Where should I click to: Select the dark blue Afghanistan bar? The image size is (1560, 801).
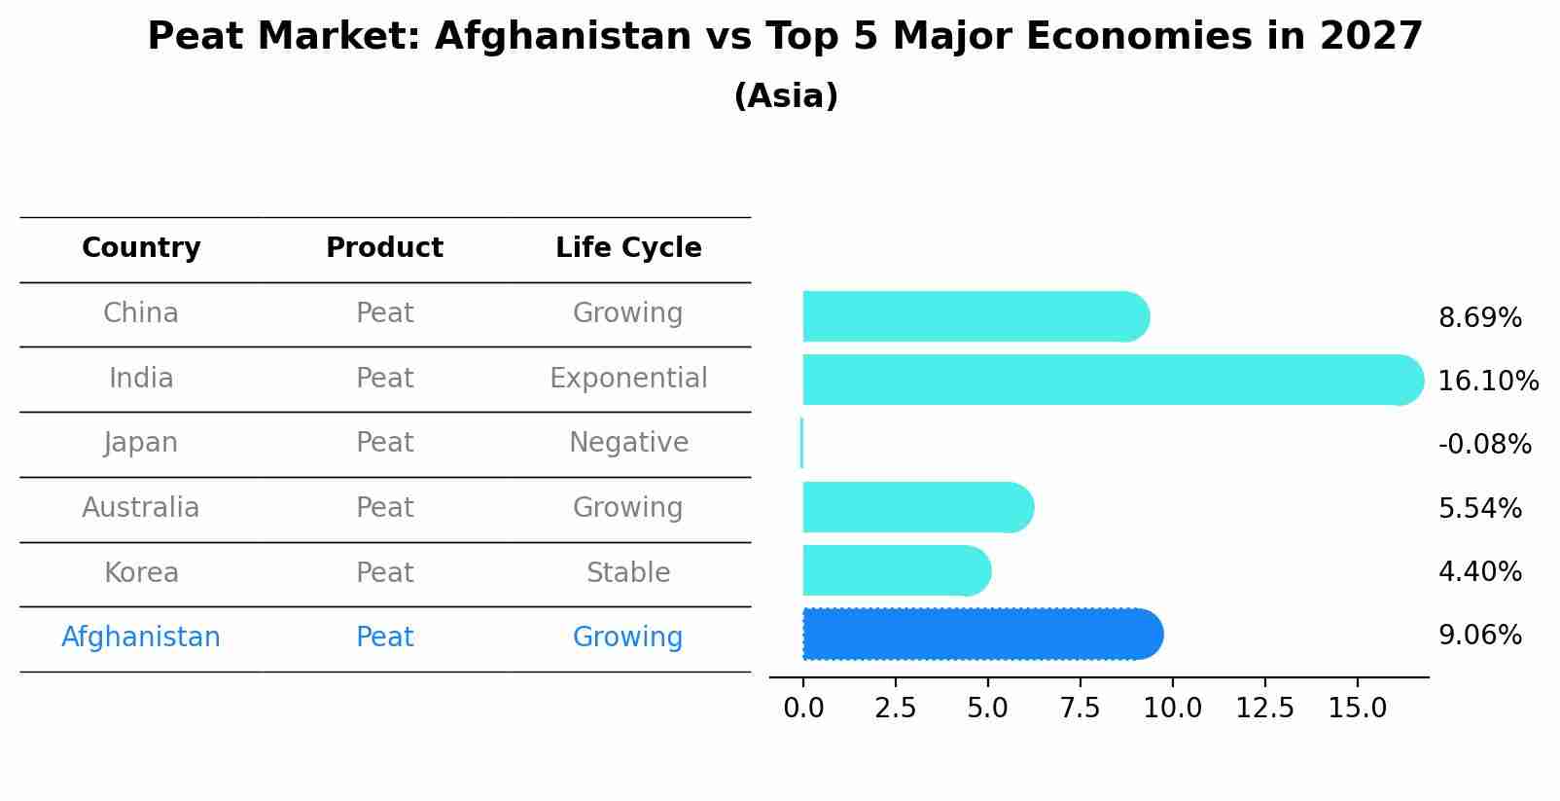982,635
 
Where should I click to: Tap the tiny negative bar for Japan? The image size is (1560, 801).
801,443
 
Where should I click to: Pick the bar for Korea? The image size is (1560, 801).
896,570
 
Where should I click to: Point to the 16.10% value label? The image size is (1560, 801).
1487,381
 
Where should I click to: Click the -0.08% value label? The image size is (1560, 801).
1484,445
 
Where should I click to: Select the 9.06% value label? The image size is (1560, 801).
1479,636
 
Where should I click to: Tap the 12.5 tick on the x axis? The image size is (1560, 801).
1264,708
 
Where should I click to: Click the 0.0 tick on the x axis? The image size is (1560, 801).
803,708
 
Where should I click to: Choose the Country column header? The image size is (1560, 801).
141,248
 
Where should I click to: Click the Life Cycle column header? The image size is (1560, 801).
628,248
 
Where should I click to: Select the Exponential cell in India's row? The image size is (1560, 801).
628,378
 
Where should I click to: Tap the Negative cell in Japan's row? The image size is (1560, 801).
628,443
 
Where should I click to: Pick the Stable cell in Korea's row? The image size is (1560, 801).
628,572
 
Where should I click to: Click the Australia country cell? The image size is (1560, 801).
141,507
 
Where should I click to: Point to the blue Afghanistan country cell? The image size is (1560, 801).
141,637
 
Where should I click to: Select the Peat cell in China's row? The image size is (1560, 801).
385,313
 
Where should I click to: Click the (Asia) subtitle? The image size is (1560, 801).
786,96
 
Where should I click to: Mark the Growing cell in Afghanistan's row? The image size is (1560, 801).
628,637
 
